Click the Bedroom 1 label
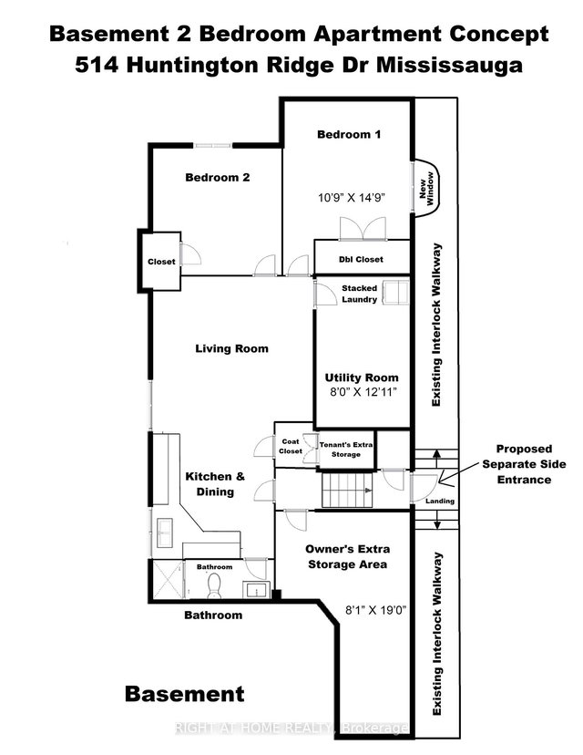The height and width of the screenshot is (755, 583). coord(348,134)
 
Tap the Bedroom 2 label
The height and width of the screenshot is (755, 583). coord(217,178)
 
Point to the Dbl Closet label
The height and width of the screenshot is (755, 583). coord(361,260)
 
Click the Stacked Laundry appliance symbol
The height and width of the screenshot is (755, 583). coord(395,293)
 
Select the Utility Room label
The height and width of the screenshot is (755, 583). coord(362,377)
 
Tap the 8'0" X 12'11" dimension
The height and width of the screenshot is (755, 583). coord(363,394)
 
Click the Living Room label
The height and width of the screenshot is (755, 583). coord(231,348)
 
